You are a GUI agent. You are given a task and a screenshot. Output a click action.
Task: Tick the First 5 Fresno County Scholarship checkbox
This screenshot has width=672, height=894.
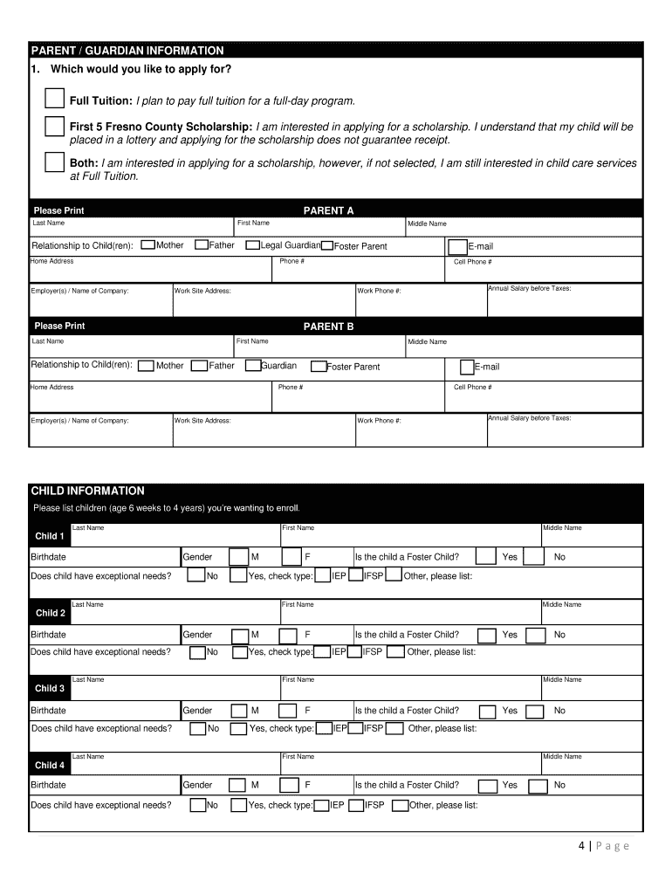coord(55,127)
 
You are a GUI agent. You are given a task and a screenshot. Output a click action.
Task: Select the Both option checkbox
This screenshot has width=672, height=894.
coord(55,163)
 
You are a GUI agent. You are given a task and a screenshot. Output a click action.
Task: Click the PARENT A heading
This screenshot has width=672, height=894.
coord(328,210)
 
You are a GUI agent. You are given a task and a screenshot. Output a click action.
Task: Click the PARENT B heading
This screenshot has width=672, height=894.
coord(328,327)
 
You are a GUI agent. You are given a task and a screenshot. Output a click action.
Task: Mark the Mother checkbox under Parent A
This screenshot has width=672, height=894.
coord(148,245)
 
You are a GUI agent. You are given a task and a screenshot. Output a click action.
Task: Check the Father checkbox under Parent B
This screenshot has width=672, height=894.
coord(199,366)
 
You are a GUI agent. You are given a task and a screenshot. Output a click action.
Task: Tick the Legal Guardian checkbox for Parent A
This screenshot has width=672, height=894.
coord(253,245)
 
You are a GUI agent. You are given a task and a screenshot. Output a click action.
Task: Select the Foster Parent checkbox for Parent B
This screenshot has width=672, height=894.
coord(319,367)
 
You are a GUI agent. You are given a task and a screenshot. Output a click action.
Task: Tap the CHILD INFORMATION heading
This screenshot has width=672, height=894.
coord(87,491)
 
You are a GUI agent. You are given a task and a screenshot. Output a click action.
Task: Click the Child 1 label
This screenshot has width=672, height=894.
coord(49,536)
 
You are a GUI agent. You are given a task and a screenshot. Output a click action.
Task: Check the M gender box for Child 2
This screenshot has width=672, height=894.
coord(239,636)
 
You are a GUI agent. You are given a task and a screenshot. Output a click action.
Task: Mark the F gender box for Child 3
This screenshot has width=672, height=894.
coord(289,712)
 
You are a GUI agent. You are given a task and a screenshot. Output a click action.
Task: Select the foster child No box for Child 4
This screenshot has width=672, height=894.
coord(536,786)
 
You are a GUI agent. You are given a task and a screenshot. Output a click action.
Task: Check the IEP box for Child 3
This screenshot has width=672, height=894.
coord(323,729)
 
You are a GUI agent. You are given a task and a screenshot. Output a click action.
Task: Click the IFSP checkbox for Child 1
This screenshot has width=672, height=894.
coord(356,575)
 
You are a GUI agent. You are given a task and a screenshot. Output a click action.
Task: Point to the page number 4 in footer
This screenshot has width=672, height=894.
coord(580,845)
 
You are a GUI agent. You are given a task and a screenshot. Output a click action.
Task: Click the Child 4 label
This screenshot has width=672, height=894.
coord(49,766)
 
